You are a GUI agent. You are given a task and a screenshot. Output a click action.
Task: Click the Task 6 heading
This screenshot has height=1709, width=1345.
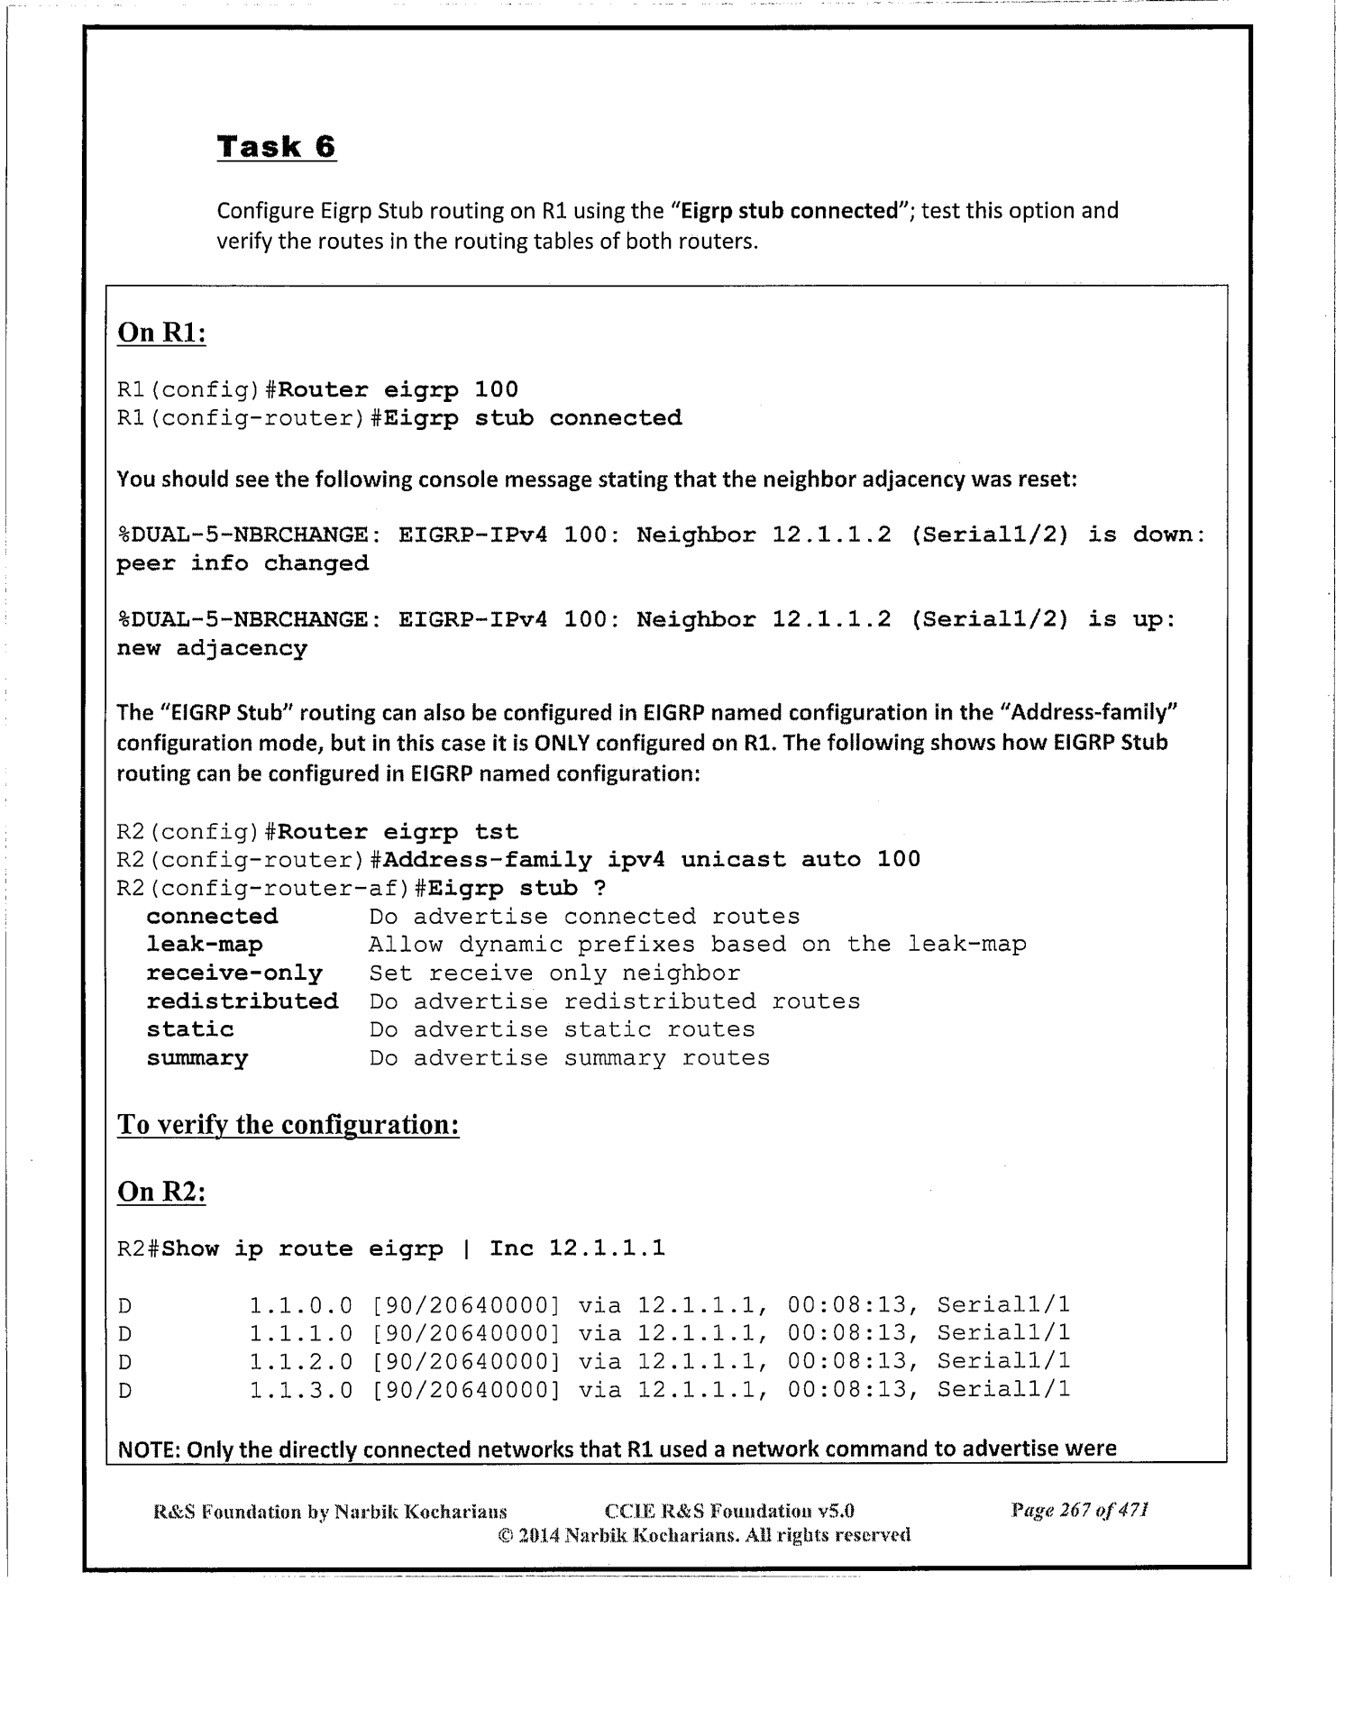[x=276, y=146]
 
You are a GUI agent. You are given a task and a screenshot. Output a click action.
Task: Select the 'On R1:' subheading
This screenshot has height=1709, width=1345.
[x=162, y=333]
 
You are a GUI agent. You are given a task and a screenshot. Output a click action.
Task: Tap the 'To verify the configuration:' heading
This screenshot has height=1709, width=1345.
[x=288, y=1125]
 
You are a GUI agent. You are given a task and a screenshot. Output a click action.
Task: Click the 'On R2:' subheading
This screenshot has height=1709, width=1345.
[x=162, y=1192]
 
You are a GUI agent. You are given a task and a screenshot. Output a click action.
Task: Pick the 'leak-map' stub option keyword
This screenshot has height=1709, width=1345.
[x=205, y=945]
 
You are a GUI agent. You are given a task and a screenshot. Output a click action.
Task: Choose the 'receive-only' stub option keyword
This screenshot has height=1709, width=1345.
[x=234, y=973]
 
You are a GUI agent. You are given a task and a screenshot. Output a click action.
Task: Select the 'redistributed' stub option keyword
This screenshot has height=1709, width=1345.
[x=242, y=1001]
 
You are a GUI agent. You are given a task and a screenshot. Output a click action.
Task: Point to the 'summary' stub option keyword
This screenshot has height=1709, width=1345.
[x=197, y=1058]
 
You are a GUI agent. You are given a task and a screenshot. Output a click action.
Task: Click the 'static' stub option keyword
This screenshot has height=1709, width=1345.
[x=190, y=1029]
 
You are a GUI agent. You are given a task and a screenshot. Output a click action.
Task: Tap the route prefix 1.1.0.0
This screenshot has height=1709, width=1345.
[x=301, y=1305]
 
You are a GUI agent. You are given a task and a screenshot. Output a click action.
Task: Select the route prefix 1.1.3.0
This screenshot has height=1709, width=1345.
[x=301, y=1390]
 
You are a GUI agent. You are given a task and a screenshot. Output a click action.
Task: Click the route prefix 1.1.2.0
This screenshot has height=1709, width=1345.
[x=301, y=1361]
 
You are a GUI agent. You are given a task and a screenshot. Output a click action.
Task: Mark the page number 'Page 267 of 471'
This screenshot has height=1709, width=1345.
[x=1080, y=1510]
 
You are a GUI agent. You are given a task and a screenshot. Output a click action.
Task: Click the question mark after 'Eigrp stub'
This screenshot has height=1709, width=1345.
[x=599, y=889]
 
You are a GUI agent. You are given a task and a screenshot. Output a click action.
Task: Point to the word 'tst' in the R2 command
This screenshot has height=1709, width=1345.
[x=497, y=832]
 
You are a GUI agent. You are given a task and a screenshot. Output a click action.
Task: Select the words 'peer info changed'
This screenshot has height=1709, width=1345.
[x=243, y=564]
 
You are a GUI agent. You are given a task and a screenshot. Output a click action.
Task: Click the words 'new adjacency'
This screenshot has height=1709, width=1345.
[x=213, y=649]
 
